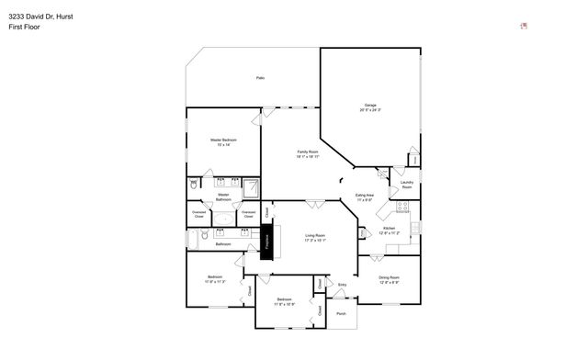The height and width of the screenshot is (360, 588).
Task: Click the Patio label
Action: point(261,78)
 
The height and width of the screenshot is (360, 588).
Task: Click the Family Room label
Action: point(307,152)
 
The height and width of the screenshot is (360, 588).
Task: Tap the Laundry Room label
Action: point(407,184)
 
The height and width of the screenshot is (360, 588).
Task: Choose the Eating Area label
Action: point(365,196)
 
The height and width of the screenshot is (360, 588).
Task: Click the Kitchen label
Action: point(389,228)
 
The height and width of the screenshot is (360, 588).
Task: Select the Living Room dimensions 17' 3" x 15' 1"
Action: point(316,240)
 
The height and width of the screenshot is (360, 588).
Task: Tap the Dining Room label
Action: point(390,277)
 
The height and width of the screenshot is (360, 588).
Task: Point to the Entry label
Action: point(342,286)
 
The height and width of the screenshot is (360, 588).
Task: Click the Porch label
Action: point(341,313)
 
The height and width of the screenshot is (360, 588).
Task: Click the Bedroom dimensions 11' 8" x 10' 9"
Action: point(285,303)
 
